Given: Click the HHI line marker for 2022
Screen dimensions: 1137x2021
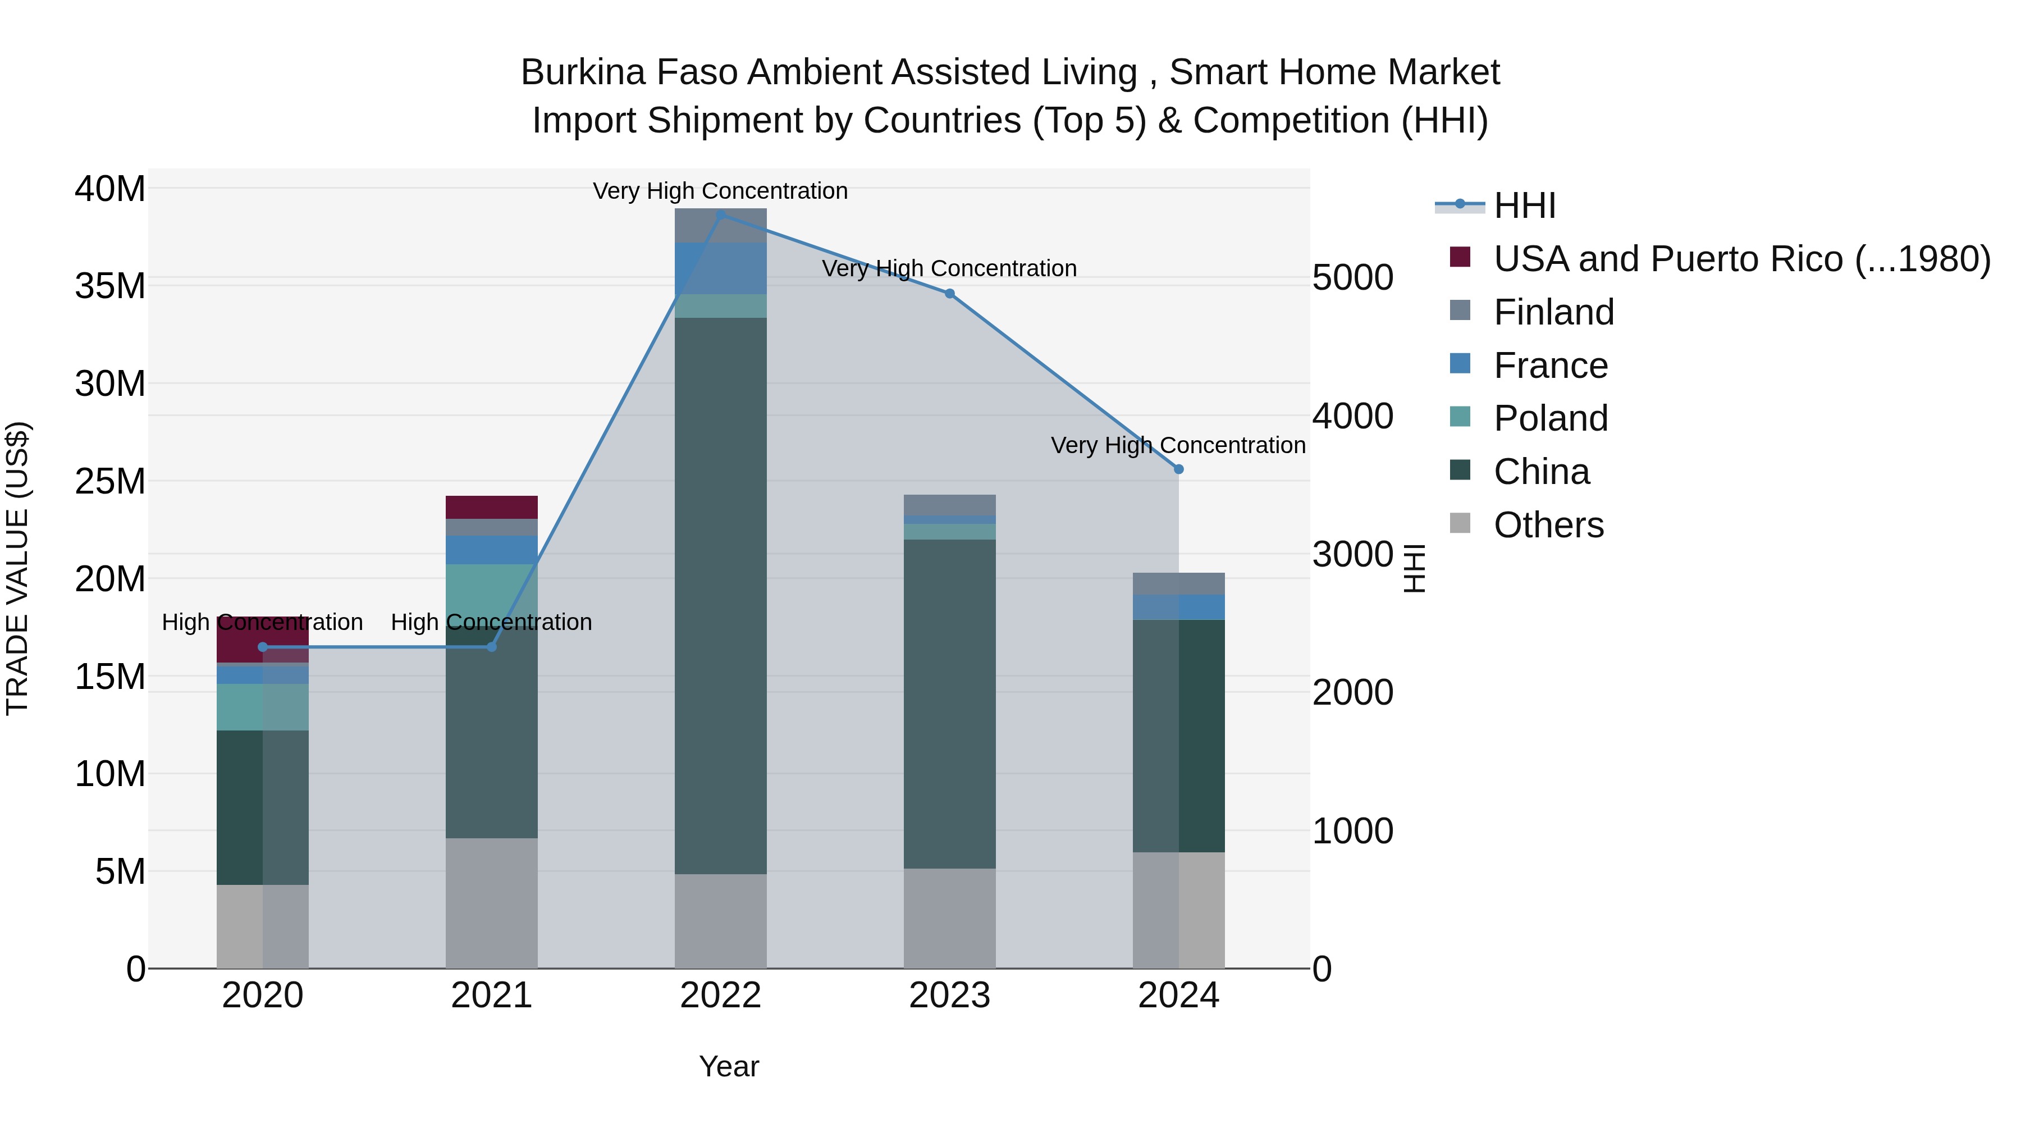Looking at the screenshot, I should point(721,214).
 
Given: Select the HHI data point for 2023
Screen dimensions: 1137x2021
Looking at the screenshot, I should point(949,294).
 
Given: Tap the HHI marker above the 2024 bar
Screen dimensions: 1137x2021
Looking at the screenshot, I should point(1178,469).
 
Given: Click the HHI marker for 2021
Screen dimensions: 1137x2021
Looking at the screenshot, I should point(492,647).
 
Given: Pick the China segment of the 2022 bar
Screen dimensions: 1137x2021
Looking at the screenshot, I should point(720,596).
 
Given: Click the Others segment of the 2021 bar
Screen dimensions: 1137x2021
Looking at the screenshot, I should point(491,902).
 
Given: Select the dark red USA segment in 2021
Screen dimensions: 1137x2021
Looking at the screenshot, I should point(491,507).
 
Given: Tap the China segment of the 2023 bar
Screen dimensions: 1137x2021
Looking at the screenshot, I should point(949,704).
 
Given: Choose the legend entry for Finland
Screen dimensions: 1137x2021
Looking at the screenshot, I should point(1553,312).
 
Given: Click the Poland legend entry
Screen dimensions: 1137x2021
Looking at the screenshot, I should point(1550,418).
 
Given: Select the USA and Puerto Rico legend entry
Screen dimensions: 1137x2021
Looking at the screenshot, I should point(1741,259).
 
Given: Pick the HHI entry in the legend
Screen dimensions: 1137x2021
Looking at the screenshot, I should point(1524,206).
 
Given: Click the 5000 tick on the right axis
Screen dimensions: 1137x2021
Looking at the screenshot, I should point(1352,278).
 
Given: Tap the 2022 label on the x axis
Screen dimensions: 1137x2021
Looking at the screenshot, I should point(720,996).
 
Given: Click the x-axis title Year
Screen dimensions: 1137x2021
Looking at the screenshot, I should point(729,1066).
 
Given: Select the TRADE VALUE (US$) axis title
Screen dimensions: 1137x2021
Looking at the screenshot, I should point(17,568).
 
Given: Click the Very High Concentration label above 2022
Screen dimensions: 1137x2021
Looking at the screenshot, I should point(720,191).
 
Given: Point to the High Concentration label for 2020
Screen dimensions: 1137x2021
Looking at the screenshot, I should point(262,622).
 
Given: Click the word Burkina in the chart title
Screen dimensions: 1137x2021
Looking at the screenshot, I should point(583,72).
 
